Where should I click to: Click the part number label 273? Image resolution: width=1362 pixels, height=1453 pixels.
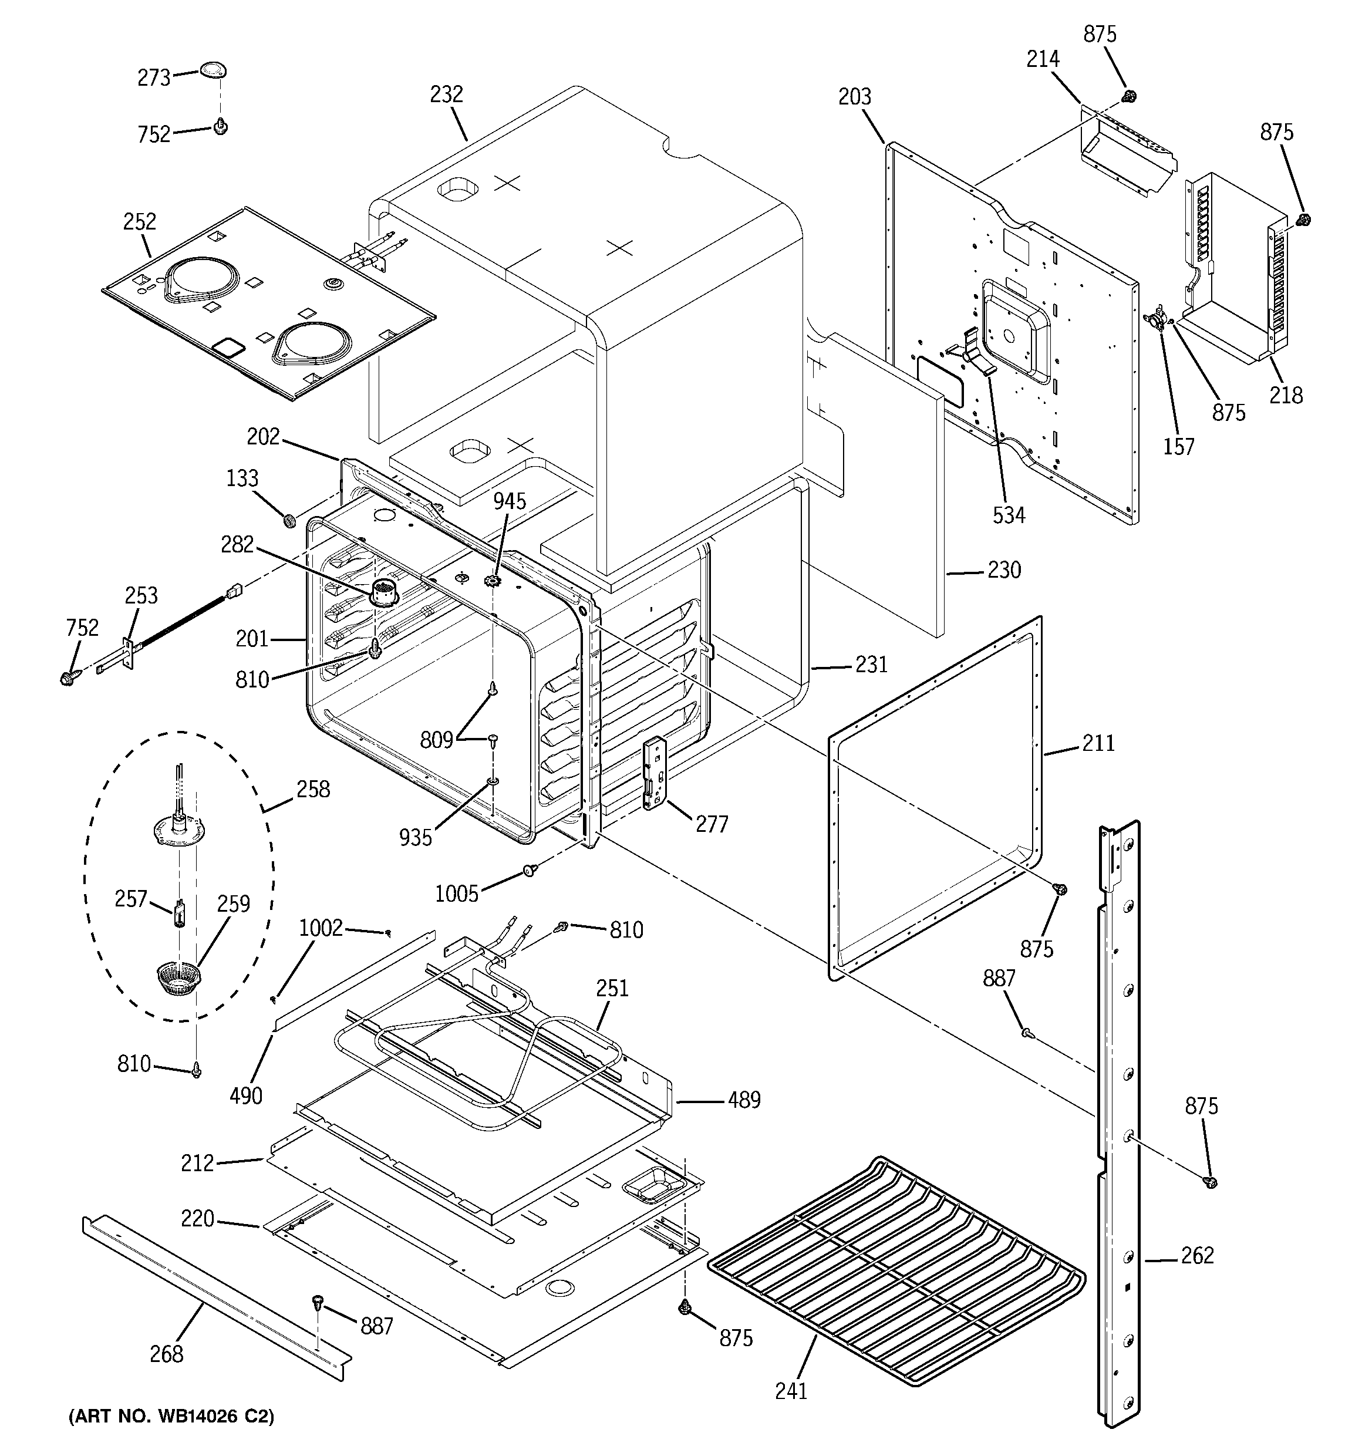(x=154, y=77)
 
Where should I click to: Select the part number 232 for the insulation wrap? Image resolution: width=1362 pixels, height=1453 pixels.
(x=446, y=95)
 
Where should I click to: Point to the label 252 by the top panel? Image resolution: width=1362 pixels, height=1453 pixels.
(x=140, y=221)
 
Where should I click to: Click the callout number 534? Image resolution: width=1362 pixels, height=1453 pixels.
(x=1009, y=515)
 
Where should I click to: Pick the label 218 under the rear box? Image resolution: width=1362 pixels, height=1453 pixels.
(x=1285, y=396)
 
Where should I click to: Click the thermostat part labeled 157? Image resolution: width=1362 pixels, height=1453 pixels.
(x=1156, y=319)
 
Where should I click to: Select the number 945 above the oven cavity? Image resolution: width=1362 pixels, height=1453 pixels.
(x=510, y=501)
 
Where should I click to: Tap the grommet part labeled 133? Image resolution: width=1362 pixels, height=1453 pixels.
(x=289, y=520)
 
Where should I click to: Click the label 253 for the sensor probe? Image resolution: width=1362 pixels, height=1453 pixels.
(x=141, y=596)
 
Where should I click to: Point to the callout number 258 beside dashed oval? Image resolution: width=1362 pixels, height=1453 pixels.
(x=313, y=790)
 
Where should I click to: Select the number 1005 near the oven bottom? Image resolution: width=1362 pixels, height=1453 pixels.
(x=456, y=893)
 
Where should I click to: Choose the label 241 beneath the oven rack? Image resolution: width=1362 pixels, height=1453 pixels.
(x=791, y=1390)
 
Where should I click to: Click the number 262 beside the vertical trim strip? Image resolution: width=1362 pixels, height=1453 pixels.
(x=1198, y=1255)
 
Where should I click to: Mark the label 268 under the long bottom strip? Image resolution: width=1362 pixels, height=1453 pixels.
(x=166, y=1354)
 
